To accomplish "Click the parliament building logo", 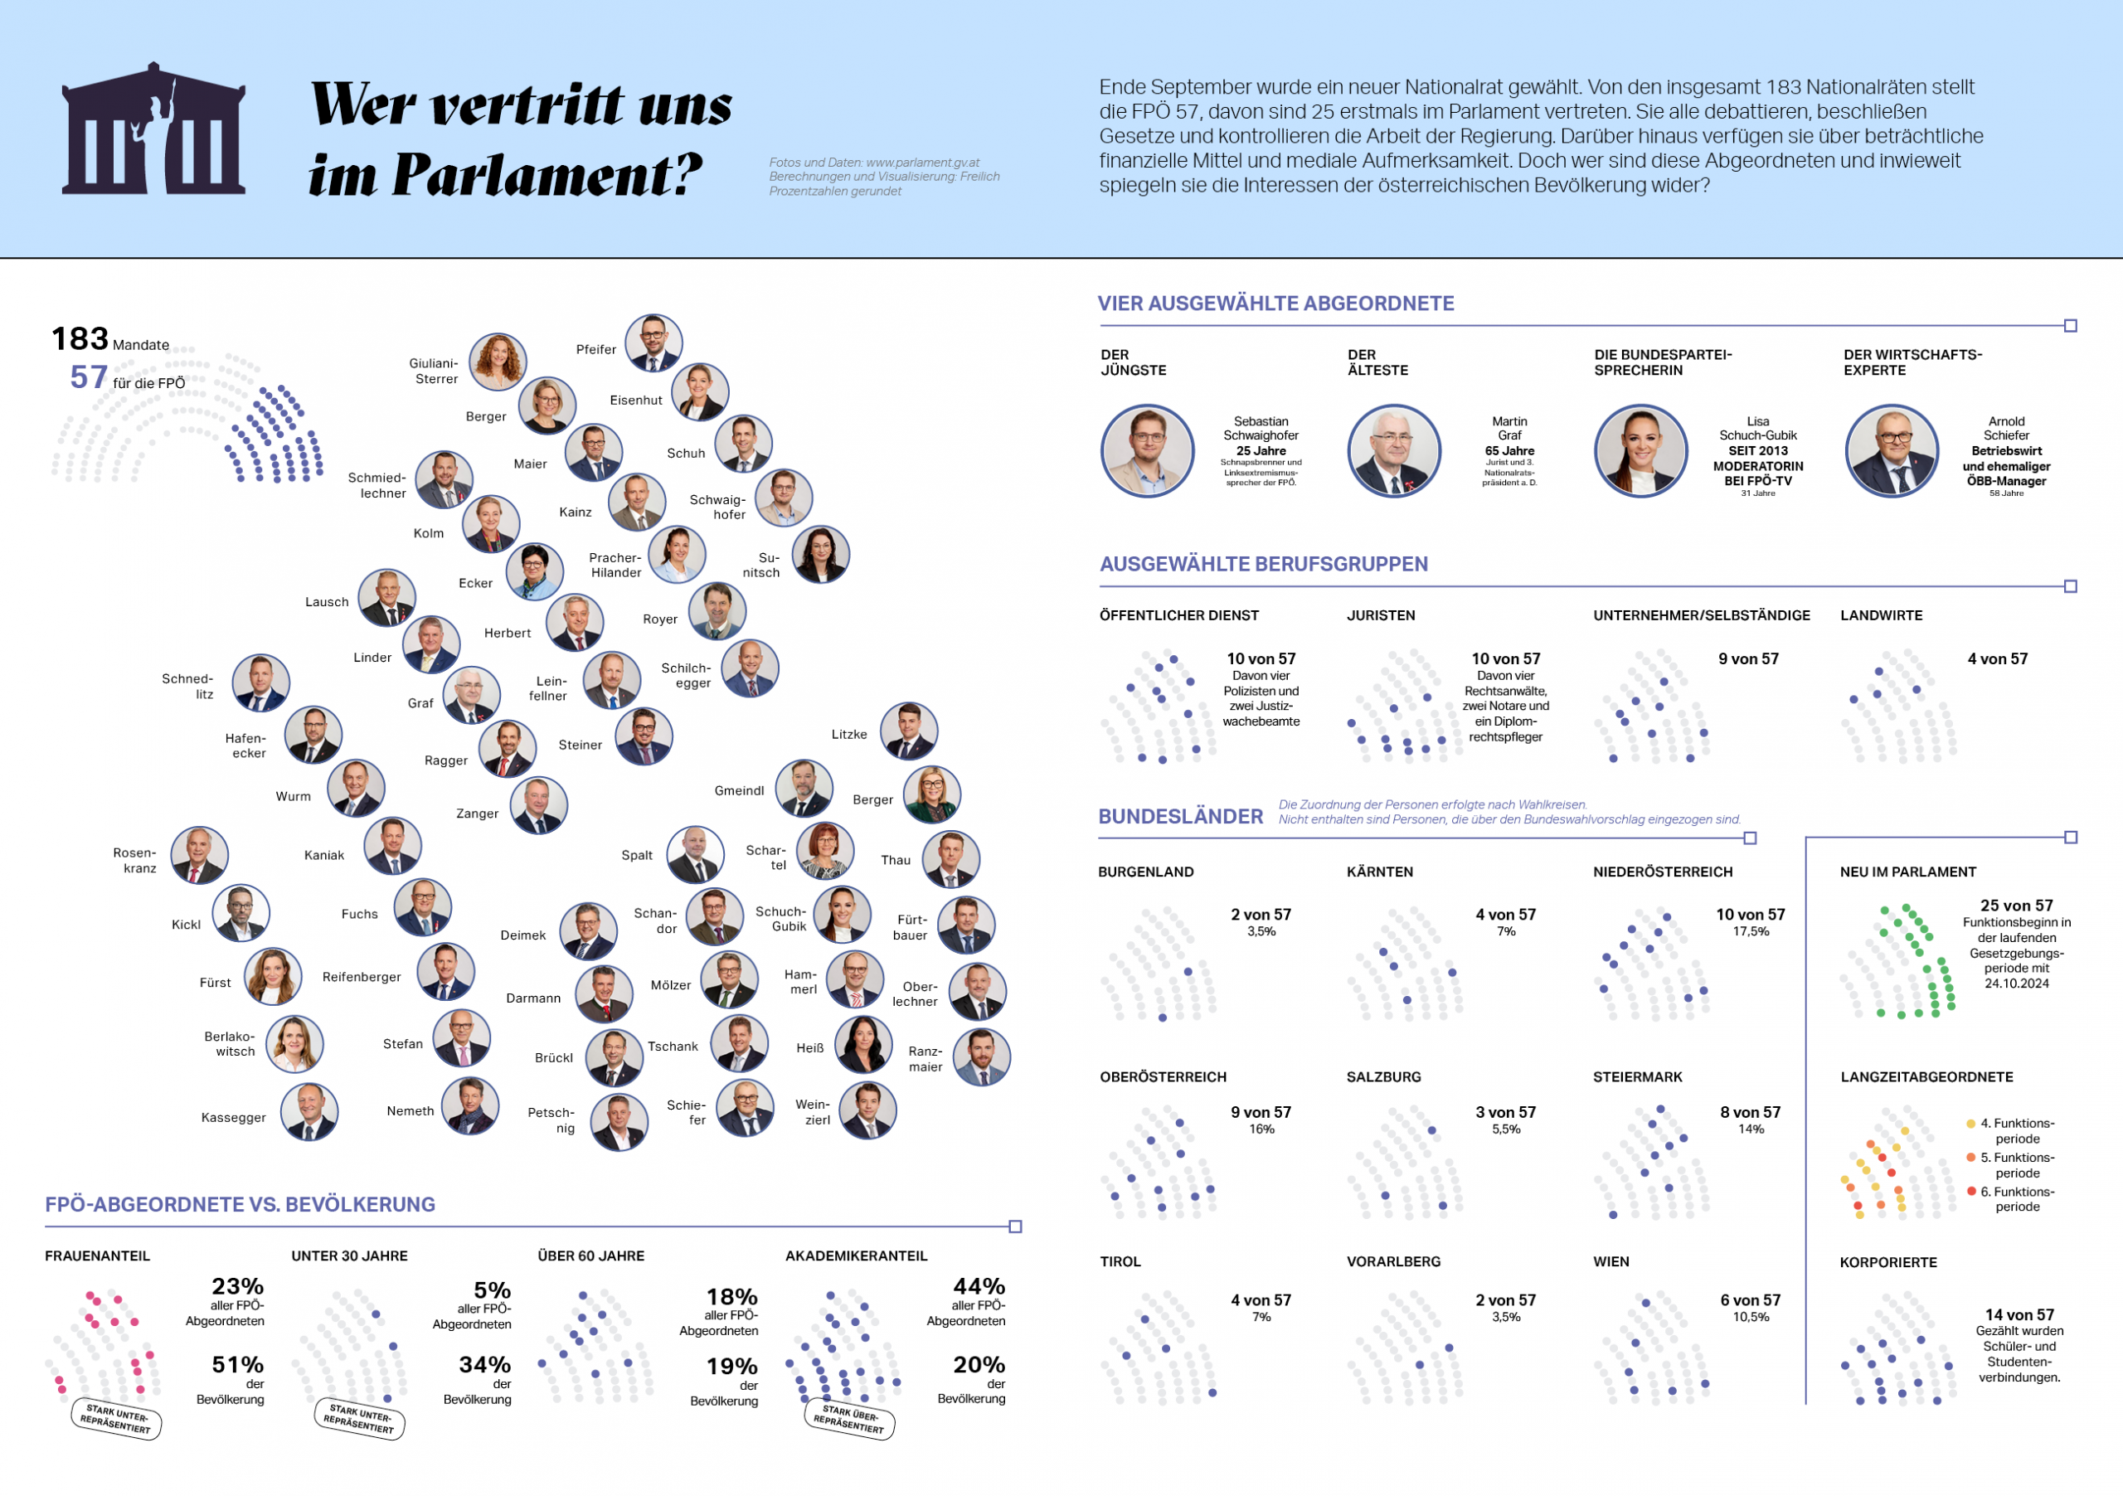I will tap(153, 129).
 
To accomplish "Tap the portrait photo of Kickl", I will tap(241, 912).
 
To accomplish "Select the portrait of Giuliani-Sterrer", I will tap(498, 362).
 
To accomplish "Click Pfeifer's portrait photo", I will tap(653, 343).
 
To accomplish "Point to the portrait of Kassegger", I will tap(308, 1112).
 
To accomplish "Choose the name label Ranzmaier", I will tap(925, 1059).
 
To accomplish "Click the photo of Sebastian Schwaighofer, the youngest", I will tap(1148, 450).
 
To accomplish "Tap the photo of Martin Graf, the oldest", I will tap(1393, 450).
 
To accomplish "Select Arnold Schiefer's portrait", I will tap(1891, 450).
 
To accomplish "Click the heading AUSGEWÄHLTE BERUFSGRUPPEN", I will tap(1263, 564).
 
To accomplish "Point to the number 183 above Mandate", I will tap(80, 339).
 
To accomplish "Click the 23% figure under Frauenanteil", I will tap(238, 1286).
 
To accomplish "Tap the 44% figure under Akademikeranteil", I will tap(979, 1286).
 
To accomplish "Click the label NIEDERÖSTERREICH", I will tap(1663, 872).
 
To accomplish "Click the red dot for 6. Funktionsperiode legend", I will tap(1970, 1191).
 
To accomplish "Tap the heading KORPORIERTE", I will tap(1887, 1262).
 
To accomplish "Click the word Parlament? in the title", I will tap(547, 176).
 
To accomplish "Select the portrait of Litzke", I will tap(908, 731).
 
